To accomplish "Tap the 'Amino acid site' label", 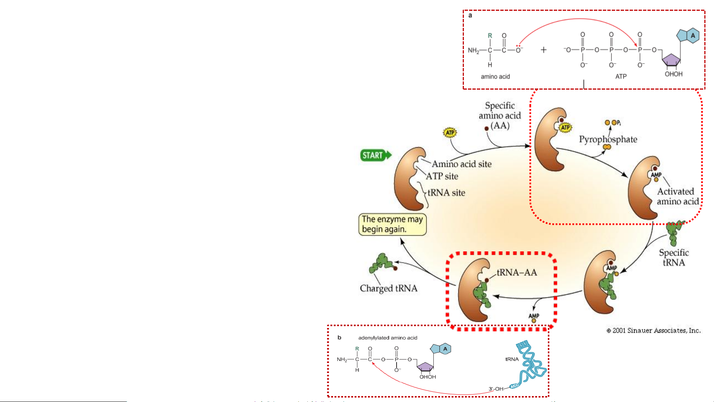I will [x=461, y=164].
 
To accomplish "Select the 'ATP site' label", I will [x=442, y=176].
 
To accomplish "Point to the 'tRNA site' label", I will [x=446, y=193].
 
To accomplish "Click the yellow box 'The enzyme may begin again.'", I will [x=392, y=224].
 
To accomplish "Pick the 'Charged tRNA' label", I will [x=388, y=288].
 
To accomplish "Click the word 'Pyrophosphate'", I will [x=608, y=139].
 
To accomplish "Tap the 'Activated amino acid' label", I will [x=678, y=196].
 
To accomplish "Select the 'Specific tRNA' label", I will [x=674, y=257].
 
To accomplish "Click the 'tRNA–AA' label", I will [x=517, y=273].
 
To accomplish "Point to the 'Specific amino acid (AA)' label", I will [x=500, y=116].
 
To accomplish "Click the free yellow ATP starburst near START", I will [x=450, y=133].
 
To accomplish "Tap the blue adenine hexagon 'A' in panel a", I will [x=692, y=36].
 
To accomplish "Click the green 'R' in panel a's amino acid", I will [x=490, y=36].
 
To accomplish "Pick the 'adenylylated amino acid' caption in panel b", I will [x=388, y=338].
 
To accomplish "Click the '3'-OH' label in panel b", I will [x=496, y=389].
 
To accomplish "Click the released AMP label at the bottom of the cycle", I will [x=534, y=316].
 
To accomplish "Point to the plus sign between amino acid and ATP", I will [x=543, y=50].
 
